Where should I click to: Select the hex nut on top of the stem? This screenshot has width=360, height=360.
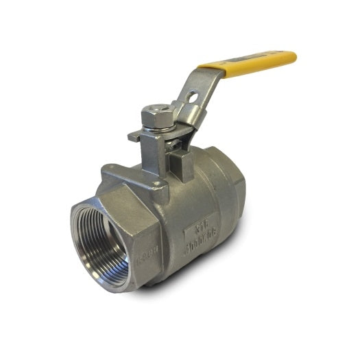157,115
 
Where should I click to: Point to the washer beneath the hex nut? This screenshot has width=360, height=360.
158,127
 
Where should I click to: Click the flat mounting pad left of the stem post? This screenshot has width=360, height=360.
123,175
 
